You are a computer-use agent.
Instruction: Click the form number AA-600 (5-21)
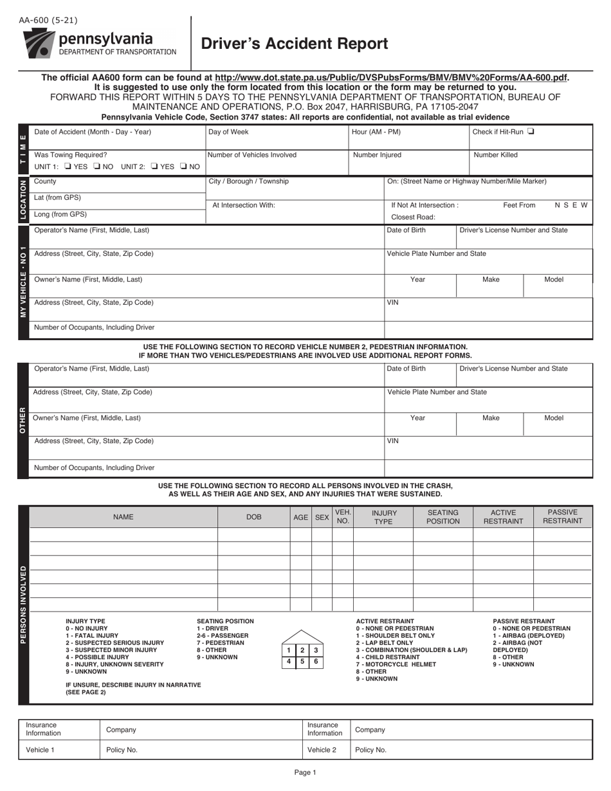(x=46, y=21)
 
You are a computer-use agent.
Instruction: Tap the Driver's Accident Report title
(x=295, y=44)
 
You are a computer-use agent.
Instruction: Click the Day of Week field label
(x=228, y=132)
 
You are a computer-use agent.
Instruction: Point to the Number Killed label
(x=495, y=155)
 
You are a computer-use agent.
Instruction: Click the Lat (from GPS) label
(x=57, y=197)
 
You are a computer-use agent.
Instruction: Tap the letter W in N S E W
(x=585, y=205)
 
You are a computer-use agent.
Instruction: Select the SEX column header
(x=322, y=516)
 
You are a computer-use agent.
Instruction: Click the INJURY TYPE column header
(x=383, y=516)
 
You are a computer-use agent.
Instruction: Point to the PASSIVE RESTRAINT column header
(x=562, y=516)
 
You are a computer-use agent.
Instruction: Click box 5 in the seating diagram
(x=302, y=661)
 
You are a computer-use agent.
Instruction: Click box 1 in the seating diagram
(x=289, y=650)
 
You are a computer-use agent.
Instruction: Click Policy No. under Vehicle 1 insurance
(x=122, y=750)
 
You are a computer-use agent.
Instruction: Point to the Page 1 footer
(x=305, y=773)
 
